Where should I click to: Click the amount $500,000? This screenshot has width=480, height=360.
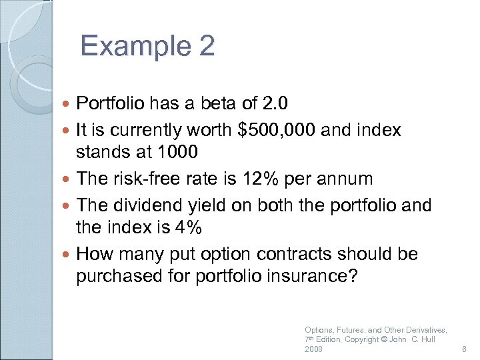pyautogui.click(x=276, y=129)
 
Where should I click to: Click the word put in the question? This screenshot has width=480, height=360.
pyautogui.click(x=205, y=254)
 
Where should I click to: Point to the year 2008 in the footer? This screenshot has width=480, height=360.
pyautogui.click(x=313, y=349)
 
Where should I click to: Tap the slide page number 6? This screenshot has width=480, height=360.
pyautogui.click(x=464, y=349)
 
